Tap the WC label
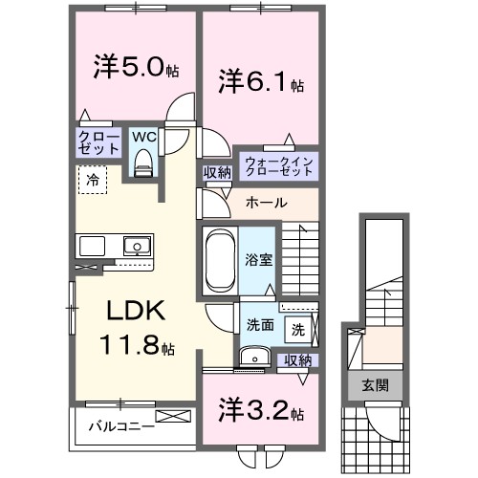143,137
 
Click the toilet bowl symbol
143,164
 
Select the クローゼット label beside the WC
98,143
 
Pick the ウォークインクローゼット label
278,164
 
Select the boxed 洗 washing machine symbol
297,330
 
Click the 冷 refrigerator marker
93,179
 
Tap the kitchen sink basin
137,245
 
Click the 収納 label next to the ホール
216,172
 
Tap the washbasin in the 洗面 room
252,357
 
